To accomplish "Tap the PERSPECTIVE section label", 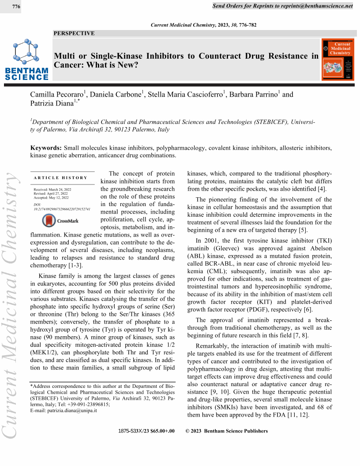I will (74, 33).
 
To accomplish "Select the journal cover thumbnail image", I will (338, 60).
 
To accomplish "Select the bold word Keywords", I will (45, 148).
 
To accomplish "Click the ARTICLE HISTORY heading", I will (60, 178).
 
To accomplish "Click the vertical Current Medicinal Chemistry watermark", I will (11, 304).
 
